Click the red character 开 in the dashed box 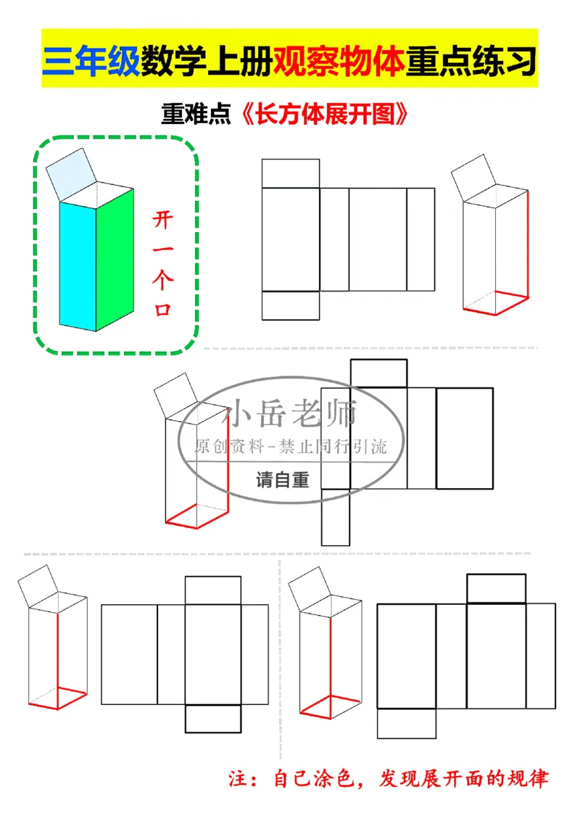pyautogui.click(x=162, y=218)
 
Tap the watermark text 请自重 pyautogui.click(x=282, y=480)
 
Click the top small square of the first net pyautogui.click(x=290, y=173)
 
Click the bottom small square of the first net pyautogui.click(x=290, y=305)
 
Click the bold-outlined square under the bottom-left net pyautogui.click(x=213, y=719)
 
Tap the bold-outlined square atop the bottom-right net pyautogui.click(x=496, y=588)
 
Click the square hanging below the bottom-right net pyautogui.click(x=407, y=723)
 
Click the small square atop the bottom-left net pyautogui.click(x=212, y=590)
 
